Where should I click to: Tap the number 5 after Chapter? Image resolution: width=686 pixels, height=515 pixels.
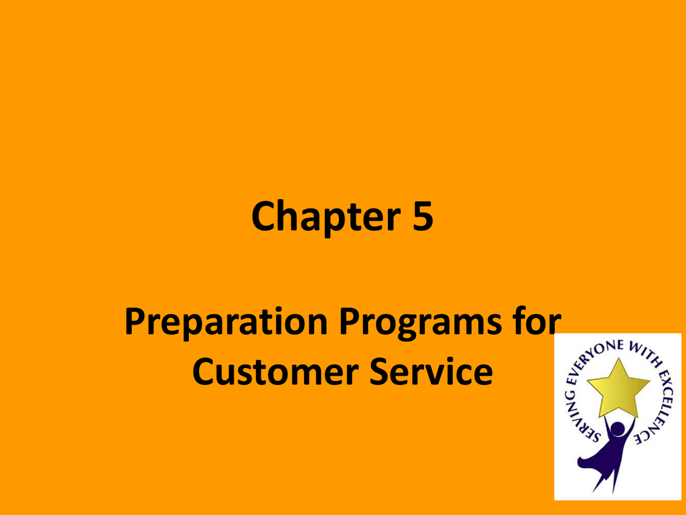coord(422,215)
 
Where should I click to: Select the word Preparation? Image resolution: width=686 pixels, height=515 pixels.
coord(226,323)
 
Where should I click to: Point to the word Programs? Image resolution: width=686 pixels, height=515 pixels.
coord(420,323)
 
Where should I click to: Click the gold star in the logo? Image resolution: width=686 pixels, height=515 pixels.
coord(618,388)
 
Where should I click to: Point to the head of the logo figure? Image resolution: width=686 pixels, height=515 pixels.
coord(618,428)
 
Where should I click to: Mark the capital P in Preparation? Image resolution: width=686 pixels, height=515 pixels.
coord(134,321)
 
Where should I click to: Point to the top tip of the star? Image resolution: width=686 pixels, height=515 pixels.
coord(618,358)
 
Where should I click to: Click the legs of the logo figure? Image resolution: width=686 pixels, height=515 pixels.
coord(609,473)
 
